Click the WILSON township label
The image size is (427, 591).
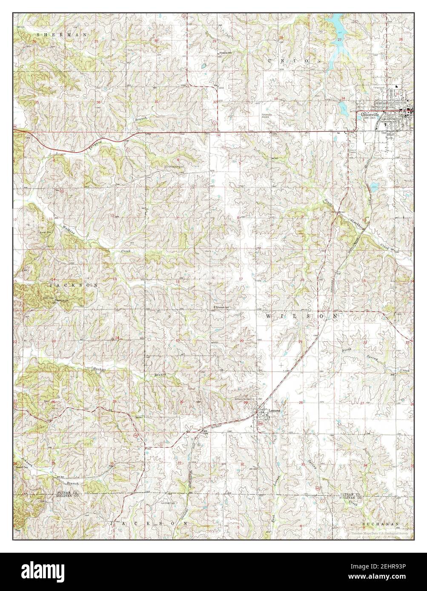click(303, 316)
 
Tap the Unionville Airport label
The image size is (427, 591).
click(267, 115)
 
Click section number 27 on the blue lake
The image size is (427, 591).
click(339, 39)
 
